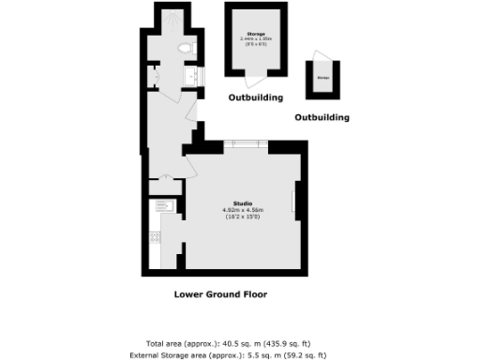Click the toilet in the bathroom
[x=186, y=47]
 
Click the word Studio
[x=243, y=202]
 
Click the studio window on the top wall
[x=243, y=143]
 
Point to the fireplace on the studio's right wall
[x=297, y=200]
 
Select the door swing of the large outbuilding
[x=253, y=83]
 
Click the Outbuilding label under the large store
[x=256, y=97]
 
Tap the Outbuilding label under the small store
[x=322, y=118]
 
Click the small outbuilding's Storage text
[x=323, y=78]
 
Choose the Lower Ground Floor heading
[x=220, y=294]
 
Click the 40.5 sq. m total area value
[x=218, y=343]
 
